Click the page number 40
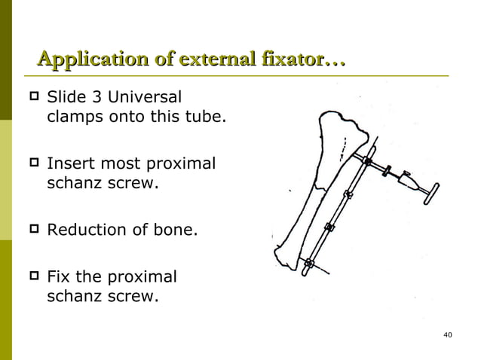pos(448,334)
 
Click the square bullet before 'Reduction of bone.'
pos(32,229)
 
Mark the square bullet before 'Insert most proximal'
pos(32,163)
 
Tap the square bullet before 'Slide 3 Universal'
pos(32,98)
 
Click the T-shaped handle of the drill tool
pos(436,190)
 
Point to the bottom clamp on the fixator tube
pos(310,264)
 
